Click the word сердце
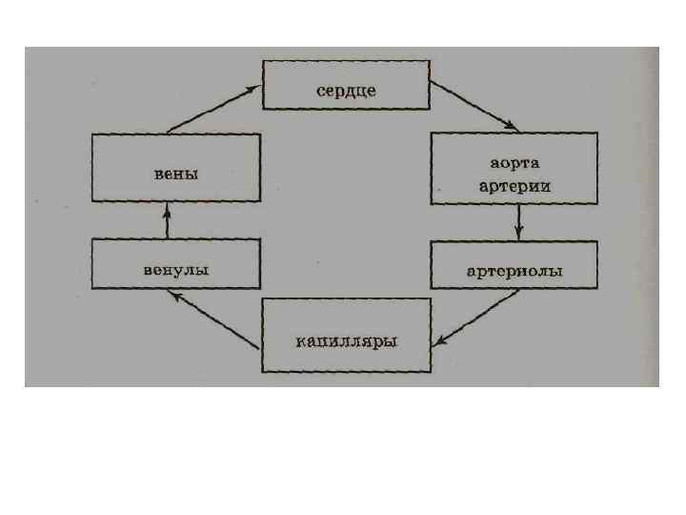[x=348, y=91]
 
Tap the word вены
[x=175, y=174]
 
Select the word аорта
[x=515, y=167]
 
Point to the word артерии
[x=515, y=186]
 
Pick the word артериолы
[x=515, y=271]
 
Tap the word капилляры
[x=346, y=340]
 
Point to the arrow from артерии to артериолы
[x=517, y=221]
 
